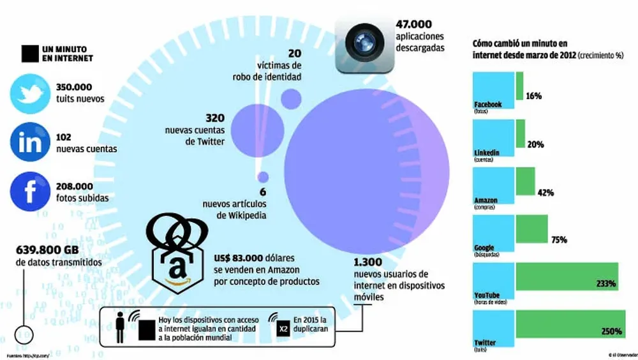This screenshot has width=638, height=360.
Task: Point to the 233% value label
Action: point(606,283)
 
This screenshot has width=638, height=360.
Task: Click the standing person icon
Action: point(120,327)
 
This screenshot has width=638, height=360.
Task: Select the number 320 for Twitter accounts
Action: point(214,118)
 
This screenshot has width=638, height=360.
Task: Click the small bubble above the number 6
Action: point(263,177)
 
